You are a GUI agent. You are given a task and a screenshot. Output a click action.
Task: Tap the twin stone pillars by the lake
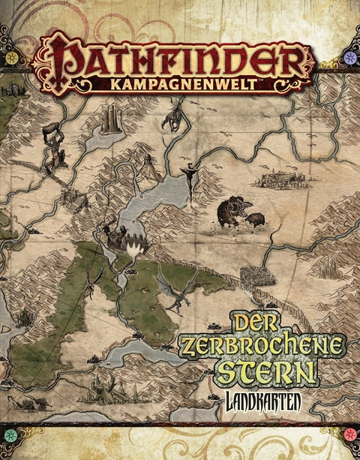click(x=110, y=120)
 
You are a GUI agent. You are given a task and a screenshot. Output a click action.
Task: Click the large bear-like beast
click(x=232, y=213)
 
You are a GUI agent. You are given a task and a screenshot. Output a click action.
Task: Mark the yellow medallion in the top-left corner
click(x=13, y=57)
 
